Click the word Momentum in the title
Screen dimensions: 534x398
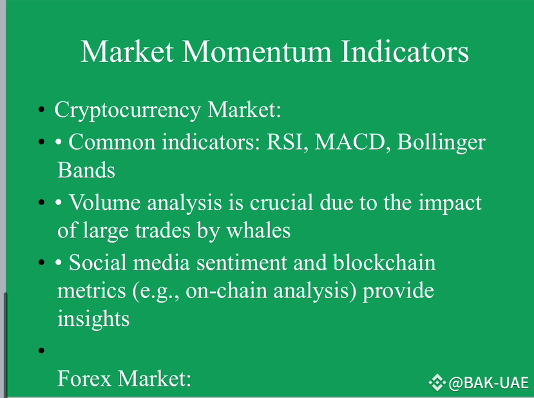point(257,52)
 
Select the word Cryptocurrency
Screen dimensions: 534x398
point(128,111)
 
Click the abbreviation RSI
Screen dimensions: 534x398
point(285,141)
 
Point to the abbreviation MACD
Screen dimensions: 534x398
point(350,141)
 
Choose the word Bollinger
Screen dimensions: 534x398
point(441,143)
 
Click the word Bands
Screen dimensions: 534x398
point(86,170)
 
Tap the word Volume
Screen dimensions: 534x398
point(104,203)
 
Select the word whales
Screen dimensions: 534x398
point(258,230)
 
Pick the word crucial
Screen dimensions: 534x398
point(281,203)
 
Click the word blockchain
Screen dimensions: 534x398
point(384,263)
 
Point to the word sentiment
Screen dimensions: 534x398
point(242,263)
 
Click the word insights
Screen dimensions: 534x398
point(93,319)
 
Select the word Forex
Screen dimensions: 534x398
point(84,378)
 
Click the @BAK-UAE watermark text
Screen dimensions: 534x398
point(489,383)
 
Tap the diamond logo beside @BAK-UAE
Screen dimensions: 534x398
point(437,383)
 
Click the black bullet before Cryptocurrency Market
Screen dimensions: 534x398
point(42,110)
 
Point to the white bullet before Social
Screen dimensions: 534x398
point(59,263)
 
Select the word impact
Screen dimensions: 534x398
point(450,203)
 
